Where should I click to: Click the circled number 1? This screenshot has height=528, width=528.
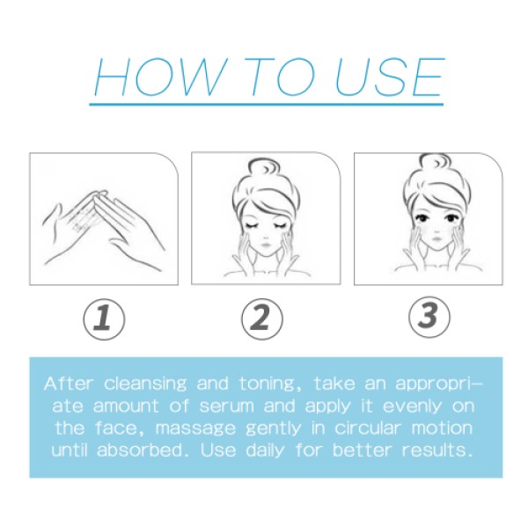pyautogui.click(x=103, y=318)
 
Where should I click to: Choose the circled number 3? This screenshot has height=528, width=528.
pyautogui.click(x=428, y=317)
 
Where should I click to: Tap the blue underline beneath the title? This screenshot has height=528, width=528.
pyautogui.click(x=264, y=105)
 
